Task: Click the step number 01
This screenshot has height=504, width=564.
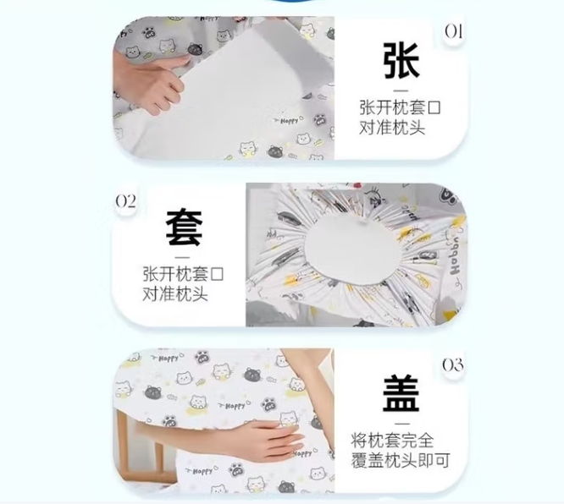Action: (453, 31)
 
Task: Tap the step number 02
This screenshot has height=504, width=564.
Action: (125, 202)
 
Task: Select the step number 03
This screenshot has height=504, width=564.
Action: (452, 365)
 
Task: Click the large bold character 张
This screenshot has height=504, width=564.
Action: (401, 60)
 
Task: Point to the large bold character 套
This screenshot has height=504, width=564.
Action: (184, 227)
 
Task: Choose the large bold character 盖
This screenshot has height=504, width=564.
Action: (401, 393)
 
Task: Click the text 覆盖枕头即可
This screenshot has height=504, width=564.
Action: (401, 461)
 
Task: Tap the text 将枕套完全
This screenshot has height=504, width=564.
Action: (392, 441)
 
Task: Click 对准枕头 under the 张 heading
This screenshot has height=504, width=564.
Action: (392, 128)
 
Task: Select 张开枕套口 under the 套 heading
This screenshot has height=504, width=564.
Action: (183, 275)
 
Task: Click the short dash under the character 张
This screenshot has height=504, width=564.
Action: (401, 90)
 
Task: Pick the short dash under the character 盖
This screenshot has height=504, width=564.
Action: (401, 424)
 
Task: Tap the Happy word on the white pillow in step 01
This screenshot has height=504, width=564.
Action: (289, 121)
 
